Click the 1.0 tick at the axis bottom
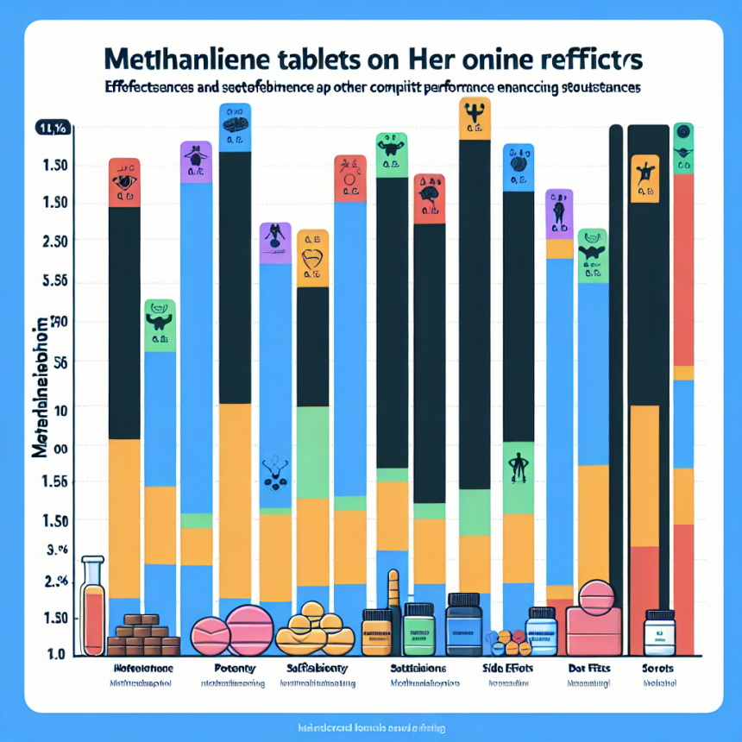pyautogui.click(x=47, y=653)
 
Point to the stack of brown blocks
pyautogui.click(x=142, y=636)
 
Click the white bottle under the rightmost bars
pyautogui.click(x=659, y=634)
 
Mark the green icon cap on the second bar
pyautogui.click(x=160, y=324)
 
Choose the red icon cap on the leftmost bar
pyautogui.click(x=124, y=182)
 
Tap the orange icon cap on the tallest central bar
pyautogui.click(x=473, y=118)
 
